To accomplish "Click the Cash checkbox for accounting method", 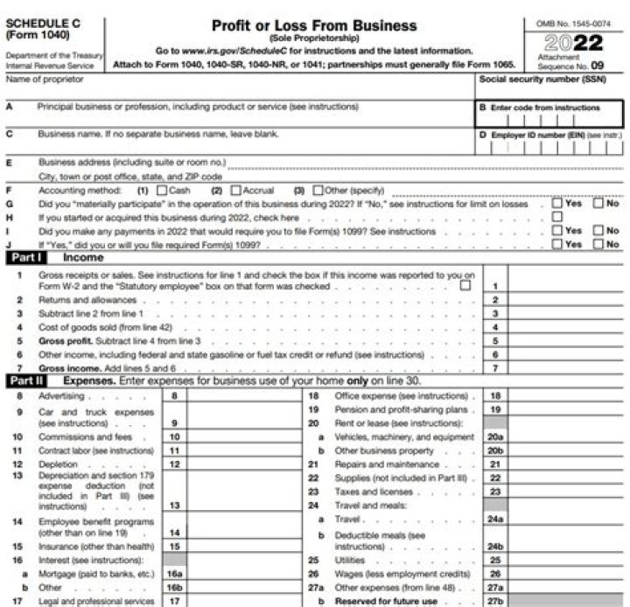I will [161, 190].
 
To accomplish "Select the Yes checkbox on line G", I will [556, 203].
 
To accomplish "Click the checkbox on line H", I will [556, 217].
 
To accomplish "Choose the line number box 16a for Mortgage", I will [175, 572].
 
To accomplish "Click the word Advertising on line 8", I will [58, 396].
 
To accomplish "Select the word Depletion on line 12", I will [54, 464].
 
